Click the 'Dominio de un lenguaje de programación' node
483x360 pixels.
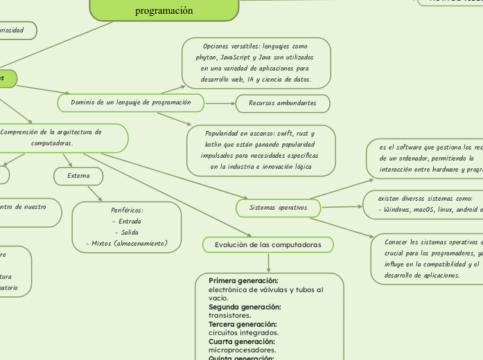130,102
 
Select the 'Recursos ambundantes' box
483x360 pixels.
281,103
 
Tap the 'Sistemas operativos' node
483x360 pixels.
279,207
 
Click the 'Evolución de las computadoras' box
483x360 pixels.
267,245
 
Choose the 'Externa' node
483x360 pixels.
78,176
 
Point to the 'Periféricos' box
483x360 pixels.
126,226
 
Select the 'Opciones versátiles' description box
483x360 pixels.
256,63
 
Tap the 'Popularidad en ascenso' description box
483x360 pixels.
261,150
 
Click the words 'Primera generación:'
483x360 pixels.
243,280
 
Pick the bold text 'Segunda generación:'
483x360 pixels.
245,307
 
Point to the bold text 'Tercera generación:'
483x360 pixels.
243,324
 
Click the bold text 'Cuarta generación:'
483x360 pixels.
241,341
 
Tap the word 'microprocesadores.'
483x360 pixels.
238,350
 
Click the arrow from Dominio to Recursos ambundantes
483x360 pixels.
220,103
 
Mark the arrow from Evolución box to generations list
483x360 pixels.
268,263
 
